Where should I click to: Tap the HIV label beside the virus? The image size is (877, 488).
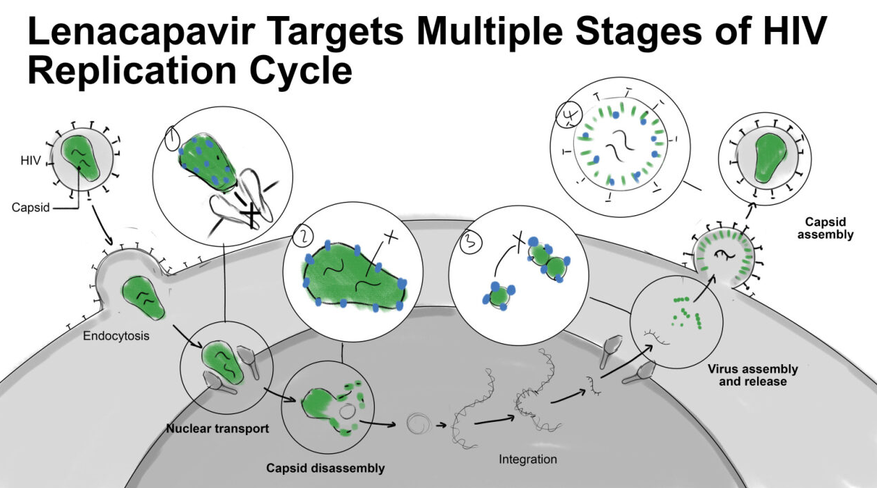31,162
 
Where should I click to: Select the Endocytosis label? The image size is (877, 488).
116,336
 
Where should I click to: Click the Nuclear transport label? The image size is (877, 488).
217,428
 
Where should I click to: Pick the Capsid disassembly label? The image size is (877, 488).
325,468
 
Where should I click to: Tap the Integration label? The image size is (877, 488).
527,459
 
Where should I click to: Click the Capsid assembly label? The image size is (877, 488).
829,228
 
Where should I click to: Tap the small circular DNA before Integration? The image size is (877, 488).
416,423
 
